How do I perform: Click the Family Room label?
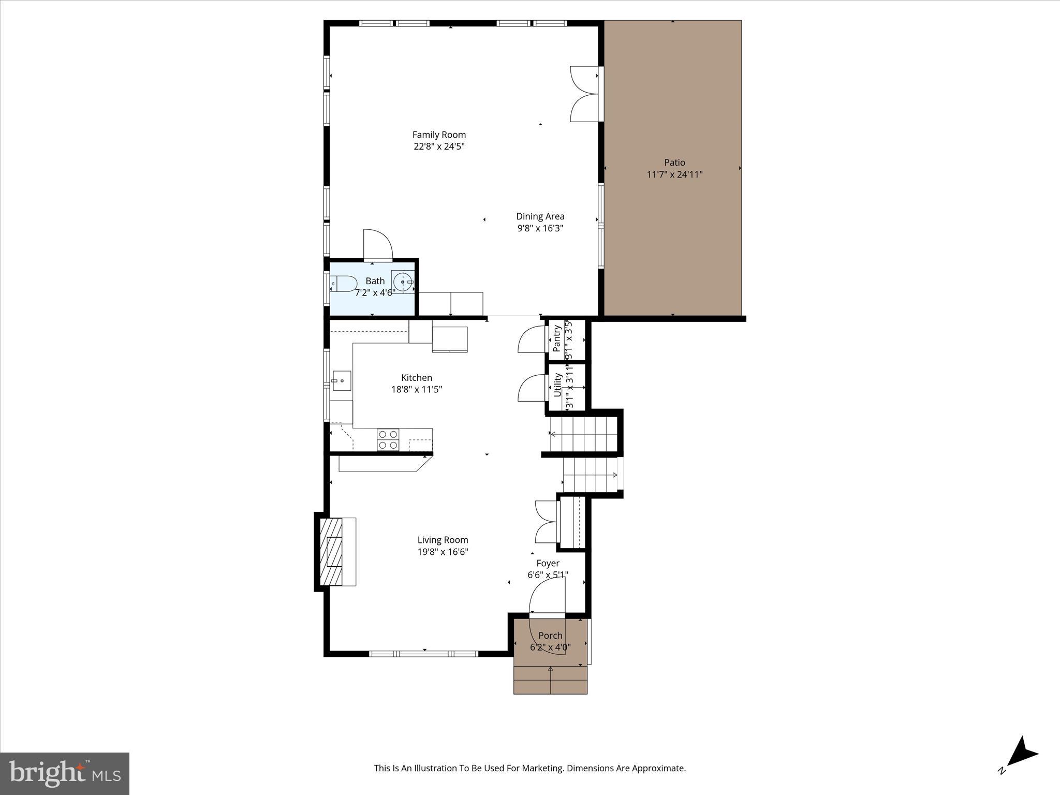[439, 135]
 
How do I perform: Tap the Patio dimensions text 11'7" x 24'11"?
[674, 174]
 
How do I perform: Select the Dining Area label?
[540, 216]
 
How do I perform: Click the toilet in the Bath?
[344, 284]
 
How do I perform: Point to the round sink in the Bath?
[403, 282]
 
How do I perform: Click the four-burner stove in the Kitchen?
[388, 439]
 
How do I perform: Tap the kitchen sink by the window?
[342, 380]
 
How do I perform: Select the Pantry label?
[557, 338]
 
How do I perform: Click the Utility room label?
[557, 385]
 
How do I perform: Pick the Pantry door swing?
[531, 340]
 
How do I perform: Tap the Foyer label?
[548, 563]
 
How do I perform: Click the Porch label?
[550, 636]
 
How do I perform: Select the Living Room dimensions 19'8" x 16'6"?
[443, 552]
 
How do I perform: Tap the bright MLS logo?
[65, 774]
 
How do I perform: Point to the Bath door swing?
[377, 244]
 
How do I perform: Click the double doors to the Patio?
[585, 94]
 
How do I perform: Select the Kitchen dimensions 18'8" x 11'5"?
[417, 389]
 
